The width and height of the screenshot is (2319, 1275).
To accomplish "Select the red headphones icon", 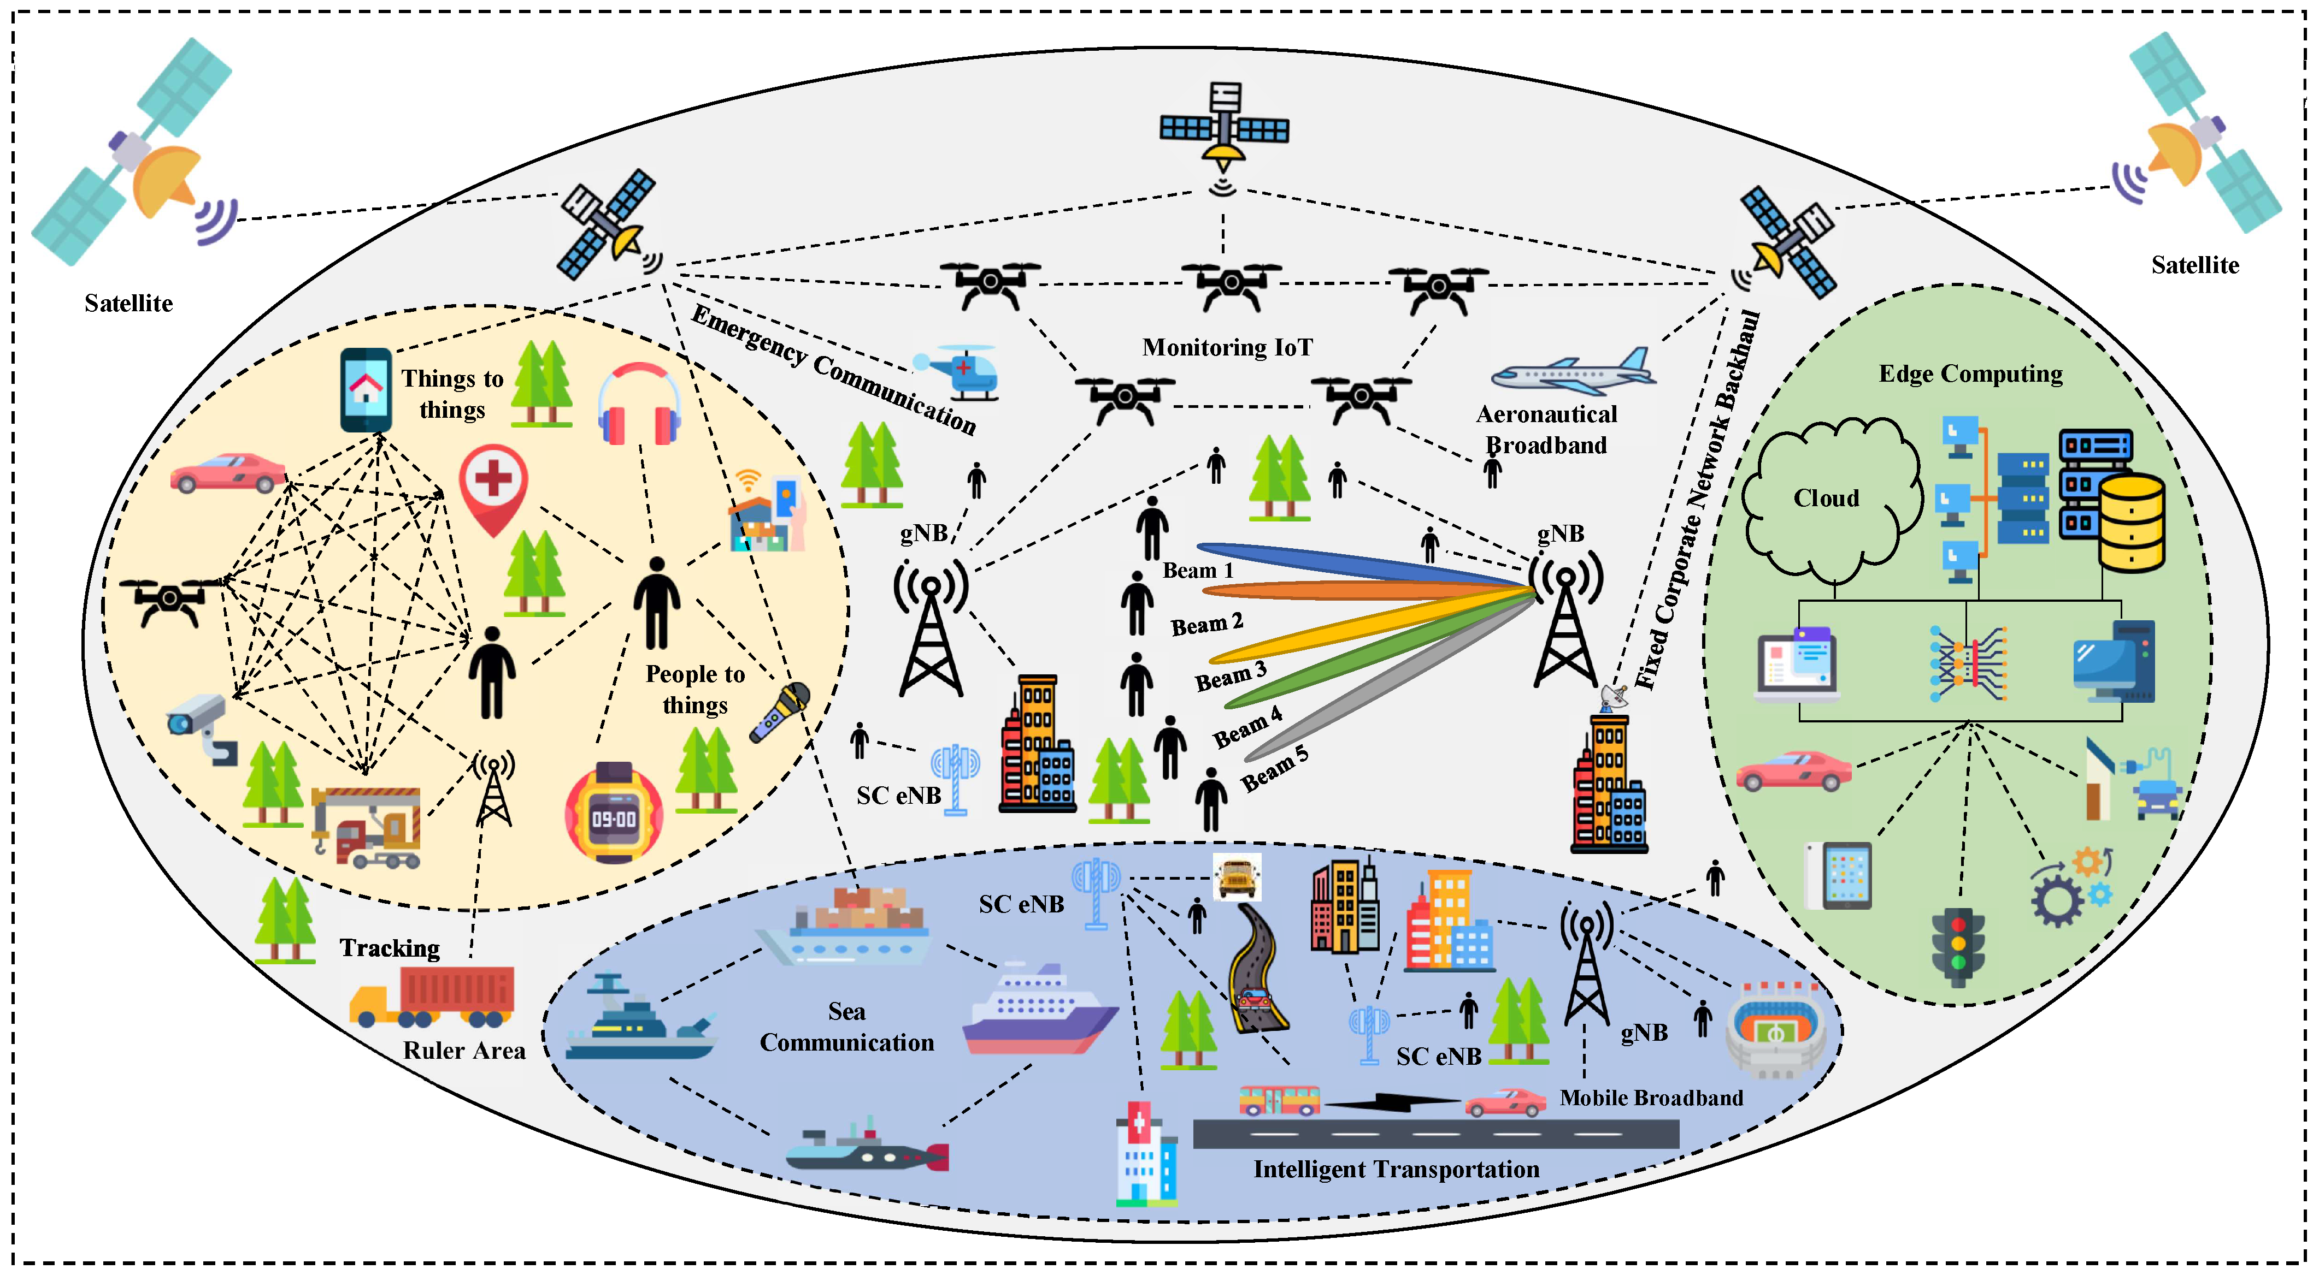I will [639, 405].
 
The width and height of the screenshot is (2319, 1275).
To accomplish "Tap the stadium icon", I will [1775, 1028].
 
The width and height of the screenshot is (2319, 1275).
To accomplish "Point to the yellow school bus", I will [1237, 877].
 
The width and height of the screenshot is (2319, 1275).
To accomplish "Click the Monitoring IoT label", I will [1227, 347].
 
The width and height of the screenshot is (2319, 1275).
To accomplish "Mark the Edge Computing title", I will [1970, 373].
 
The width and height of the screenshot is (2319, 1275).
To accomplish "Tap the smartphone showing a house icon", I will [366, 390].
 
